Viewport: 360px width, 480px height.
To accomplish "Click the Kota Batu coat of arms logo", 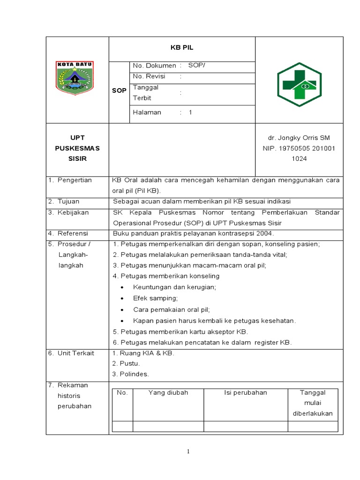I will coord(75,75).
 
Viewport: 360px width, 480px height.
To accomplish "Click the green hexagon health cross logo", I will coord(299,84).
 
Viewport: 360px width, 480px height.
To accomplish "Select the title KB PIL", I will coord(182,48).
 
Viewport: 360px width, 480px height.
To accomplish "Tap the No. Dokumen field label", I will coord(154,66).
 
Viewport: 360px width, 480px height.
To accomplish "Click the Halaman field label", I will coord(147,112).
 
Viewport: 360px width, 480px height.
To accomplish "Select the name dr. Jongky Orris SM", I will coord(299,138).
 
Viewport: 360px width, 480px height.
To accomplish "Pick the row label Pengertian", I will coord(75,180).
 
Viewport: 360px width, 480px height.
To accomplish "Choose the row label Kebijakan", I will coord(73,212).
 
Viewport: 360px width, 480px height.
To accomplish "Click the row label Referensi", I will coord(74,233).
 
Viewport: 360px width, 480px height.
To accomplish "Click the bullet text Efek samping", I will coord(156,298).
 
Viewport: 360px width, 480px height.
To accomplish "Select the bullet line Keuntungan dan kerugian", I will coord(174,287).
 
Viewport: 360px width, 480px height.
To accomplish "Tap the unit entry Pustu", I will coord(130,363).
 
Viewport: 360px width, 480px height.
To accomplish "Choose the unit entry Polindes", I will coord(134,374).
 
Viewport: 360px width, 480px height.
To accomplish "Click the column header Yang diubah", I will coord(168,393).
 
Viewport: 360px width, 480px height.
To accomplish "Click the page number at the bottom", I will coord(188,452).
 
